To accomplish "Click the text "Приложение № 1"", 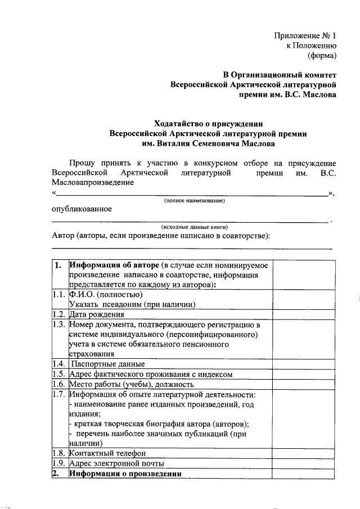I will click(x=305, y=35).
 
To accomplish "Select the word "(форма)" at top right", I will click(x=322, y=55).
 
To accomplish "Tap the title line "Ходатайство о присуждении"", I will click(x=209, y=123).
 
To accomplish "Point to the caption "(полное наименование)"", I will click(x=195, y=201).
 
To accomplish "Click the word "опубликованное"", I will click(x=82, y=209).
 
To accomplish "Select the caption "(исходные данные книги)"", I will click(x=194, y=227).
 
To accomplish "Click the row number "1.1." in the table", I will click(x=59, y=294).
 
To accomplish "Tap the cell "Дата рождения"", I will click(x=96, y=314).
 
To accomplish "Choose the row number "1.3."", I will click(x=59, y=325).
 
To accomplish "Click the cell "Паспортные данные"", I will click(x=108, y=364).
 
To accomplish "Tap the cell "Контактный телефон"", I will click(x=107, y=453).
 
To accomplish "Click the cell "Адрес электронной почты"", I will click(x=116, y=463).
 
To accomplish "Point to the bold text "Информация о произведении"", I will click(x=125, y=474).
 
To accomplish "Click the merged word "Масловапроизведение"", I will click(x=93, y=182).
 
